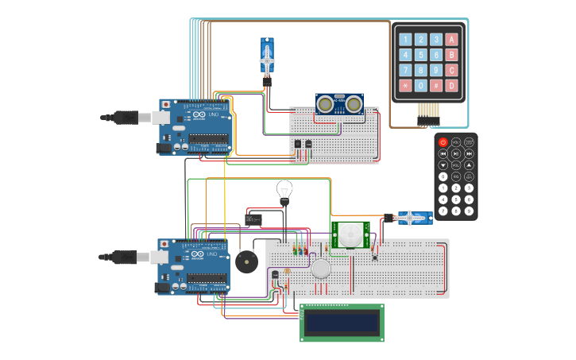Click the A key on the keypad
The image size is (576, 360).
[451, 39]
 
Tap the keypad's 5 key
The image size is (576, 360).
[421, 55]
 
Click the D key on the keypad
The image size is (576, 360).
[451, 85]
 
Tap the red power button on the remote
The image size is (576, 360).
[443, 141]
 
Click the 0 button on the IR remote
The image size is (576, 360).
[443, 176]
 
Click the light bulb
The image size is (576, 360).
[284, 191]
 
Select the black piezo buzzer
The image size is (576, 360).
[245, 261]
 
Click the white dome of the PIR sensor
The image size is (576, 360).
[350, 234]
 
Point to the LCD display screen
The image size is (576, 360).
[341, 322]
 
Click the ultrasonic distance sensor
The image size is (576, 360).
[339, 104]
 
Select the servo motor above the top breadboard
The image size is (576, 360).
[268, 57]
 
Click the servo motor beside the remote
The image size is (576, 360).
[410, 217]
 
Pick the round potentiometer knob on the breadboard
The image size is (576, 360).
[320, 269]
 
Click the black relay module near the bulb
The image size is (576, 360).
[253, 219]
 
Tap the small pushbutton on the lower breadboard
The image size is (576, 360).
[374, 255]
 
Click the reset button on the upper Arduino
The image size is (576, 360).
[164, 104]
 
